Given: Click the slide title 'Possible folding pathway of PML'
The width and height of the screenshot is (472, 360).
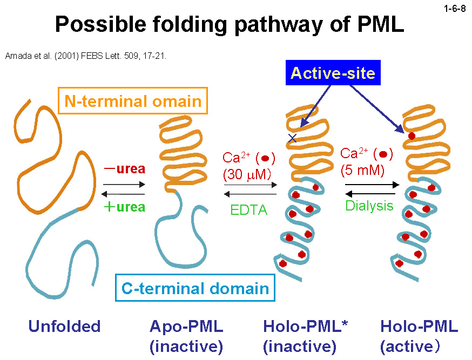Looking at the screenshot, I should (230, 24).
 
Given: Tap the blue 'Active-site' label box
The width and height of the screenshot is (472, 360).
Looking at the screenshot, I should (333, 73).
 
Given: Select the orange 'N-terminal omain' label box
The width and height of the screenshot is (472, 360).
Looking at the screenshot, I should (133, 101).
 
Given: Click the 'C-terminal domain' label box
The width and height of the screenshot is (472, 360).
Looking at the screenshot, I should (195, 288).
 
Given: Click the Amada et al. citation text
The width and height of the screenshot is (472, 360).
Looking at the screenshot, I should (85, 55).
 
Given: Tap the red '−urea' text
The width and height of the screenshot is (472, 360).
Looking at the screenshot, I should (125, 169).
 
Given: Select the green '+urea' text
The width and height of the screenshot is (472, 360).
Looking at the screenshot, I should (125, 207).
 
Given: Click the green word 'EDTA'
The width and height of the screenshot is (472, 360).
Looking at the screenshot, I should (249, 210).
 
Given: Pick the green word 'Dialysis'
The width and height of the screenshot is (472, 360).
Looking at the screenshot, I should (369, 206).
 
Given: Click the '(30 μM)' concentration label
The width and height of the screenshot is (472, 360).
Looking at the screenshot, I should (249, 175).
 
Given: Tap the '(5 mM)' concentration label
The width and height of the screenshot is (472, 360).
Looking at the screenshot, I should (363, 171).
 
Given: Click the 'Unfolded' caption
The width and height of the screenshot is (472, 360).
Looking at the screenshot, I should (64, 327).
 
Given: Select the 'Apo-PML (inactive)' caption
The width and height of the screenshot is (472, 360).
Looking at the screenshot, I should (186, 336).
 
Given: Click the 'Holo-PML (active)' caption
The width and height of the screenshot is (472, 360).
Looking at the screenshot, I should (419, 336).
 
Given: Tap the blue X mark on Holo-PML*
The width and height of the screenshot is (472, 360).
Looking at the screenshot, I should (292, 138).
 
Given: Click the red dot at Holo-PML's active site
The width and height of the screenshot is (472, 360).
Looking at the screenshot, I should (412, 136).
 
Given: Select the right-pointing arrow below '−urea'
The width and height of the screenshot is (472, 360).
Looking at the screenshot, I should (124, 185).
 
